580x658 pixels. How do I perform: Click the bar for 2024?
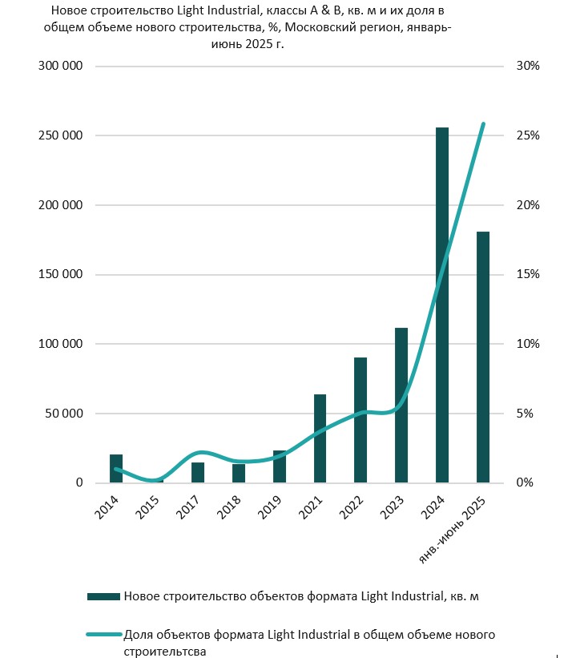[442, 305]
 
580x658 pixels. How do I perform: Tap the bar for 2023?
[401, 405]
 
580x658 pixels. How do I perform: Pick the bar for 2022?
[360, 420]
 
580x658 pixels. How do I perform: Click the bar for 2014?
[116, 469]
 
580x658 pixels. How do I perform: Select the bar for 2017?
[198, 473]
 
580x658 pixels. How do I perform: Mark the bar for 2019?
[280, 467]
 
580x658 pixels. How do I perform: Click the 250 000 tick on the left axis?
[61, 135]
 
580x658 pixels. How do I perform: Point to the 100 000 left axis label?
[61, 344]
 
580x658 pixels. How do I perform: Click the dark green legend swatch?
[103, 595]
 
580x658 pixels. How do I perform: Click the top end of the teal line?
[483, 123]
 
